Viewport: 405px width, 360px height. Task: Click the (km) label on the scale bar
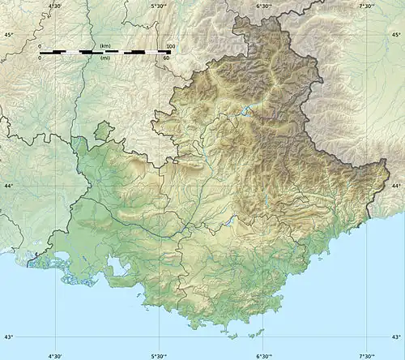point(105,46)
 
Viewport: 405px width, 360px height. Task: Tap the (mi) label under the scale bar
point(105,58)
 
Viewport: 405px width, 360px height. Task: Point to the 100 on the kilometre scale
point(170,46)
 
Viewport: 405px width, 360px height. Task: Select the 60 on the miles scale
point(166,58)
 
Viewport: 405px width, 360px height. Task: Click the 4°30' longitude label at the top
point(55,5)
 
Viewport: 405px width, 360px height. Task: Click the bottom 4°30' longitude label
point(55,355)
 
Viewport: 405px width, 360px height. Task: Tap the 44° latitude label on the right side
point(396,186)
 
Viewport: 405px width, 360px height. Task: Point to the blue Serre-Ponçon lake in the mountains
point(248,109)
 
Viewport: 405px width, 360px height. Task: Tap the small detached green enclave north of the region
point(102,131)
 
